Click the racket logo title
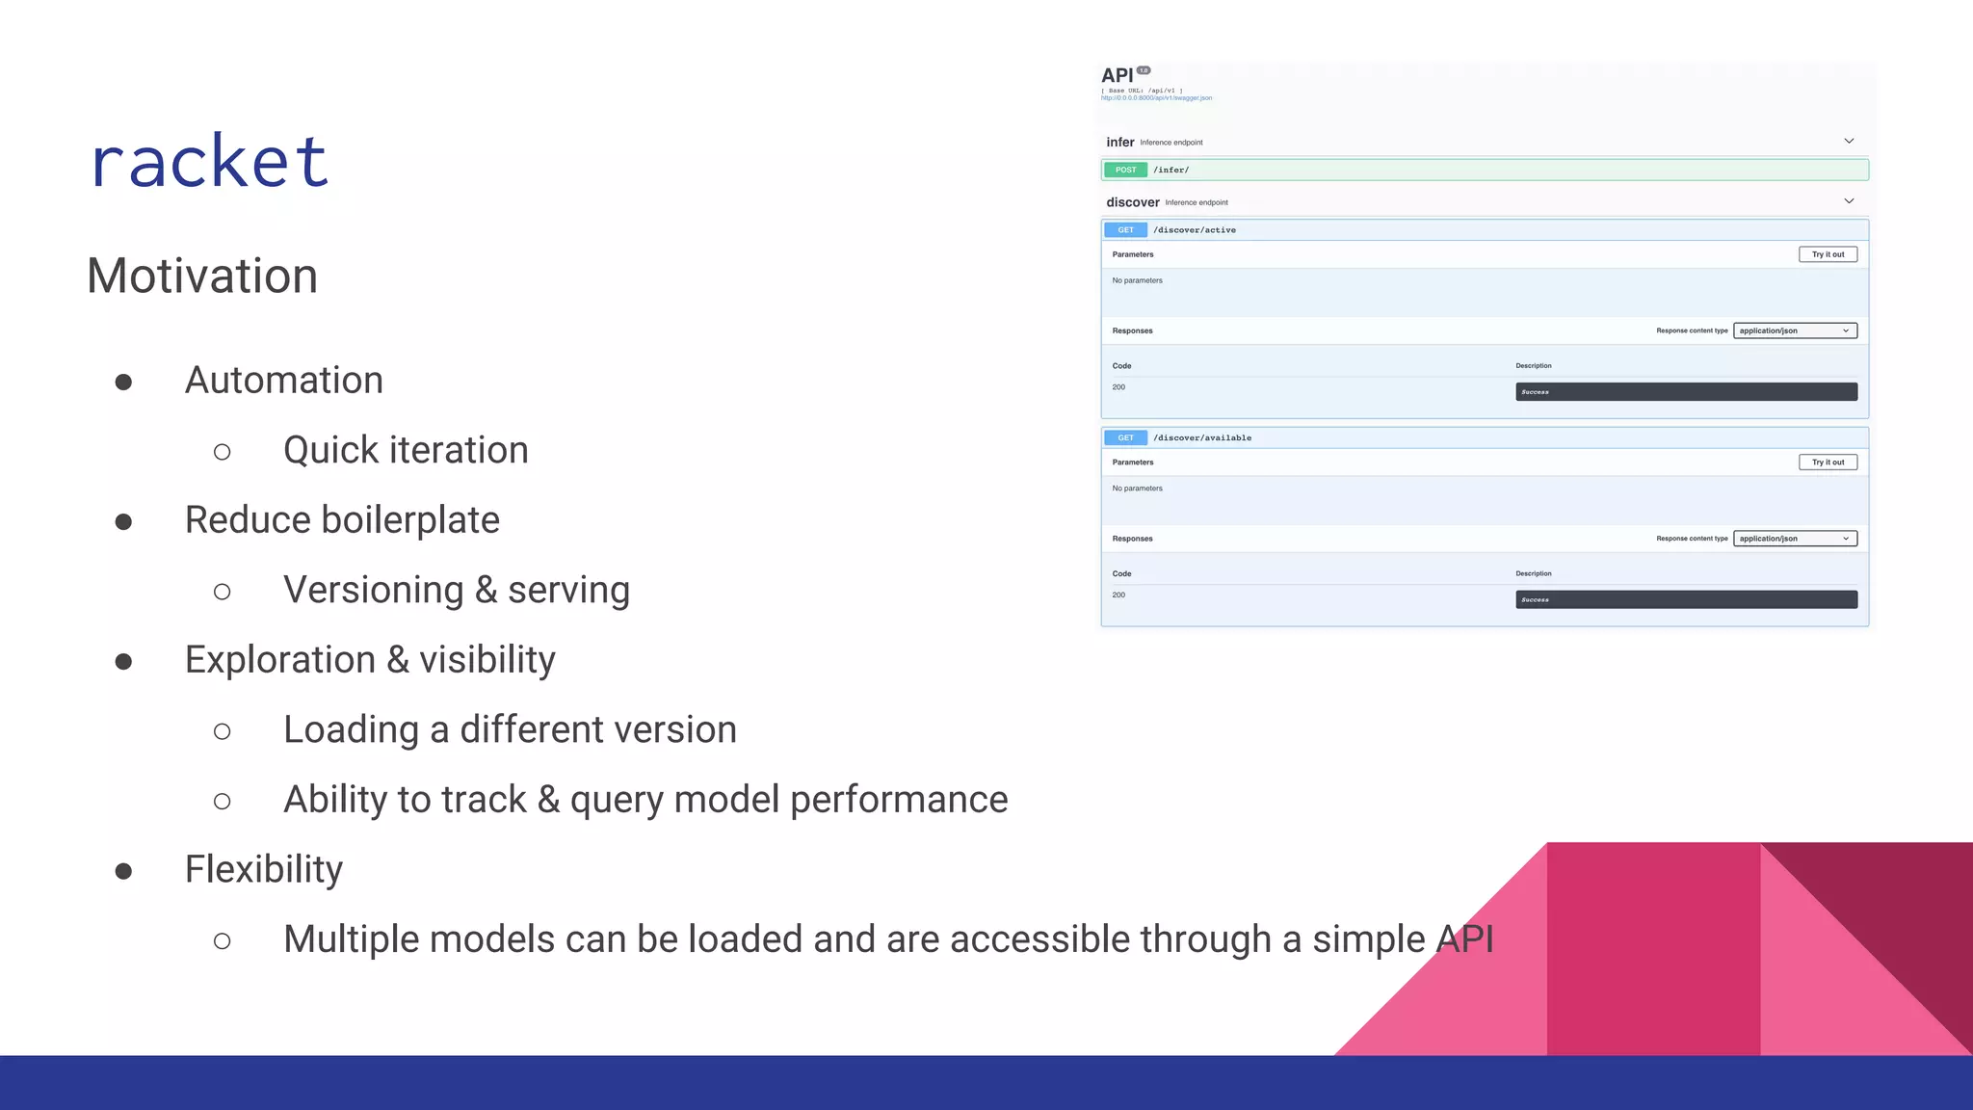pos(210,161)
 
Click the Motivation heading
pos(202,277)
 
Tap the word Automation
pos(284,381)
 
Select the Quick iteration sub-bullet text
pos(406,451)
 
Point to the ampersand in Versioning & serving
pos(486,591)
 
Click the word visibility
pos(487,660)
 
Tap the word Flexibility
pos(264,870)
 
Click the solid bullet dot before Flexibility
pos(123,872)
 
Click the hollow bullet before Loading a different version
pos(223,732)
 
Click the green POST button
pos(1125,171)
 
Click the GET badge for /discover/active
pos(1125,230)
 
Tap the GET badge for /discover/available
pos(1125,438)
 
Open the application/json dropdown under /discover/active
pos(1795,331)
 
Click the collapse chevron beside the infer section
pos(1849,142)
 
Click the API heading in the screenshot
pos(1117,76)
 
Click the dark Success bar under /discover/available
pos(1686,600)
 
